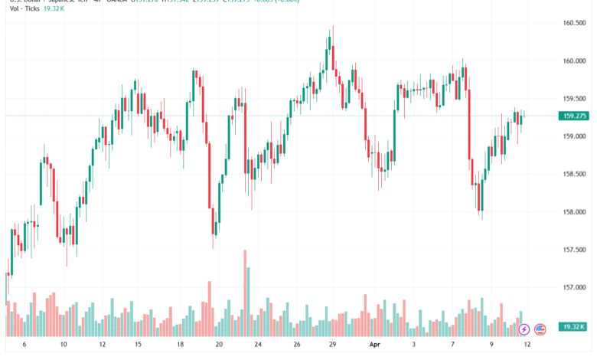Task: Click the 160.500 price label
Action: (574, 23)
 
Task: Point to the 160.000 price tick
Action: (574, 61)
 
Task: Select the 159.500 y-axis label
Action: (574, 99)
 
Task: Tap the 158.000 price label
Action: (574, 212)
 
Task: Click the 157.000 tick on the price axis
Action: (574, 288)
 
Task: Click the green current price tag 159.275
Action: (574, 116)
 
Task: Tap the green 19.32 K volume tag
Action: (574, 327)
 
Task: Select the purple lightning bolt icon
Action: (524, 329)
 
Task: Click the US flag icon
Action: (540, 329)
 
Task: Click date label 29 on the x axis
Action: (333, 345)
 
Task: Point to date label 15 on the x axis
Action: (139, 345)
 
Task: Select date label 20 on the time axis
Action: (219, 345)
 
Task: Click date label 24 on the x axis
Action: (258, 345)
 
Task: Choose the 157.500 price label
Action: (574, 250)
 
